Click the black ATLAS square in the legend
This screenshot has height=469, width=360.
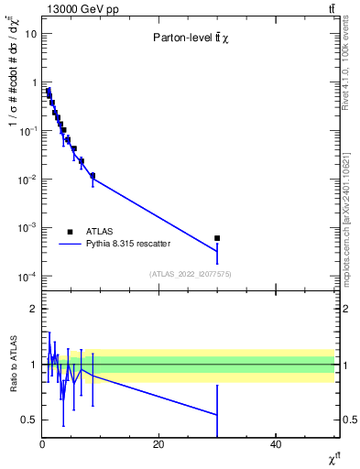pos(70,232)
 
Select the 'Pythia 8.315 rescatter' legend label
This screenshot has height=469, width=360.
pos(128,244)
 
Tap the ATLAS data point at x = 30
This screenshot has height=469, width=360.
pos(217,238)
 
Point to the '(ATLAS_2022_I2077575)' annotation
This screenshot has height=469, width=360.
pos(189,274)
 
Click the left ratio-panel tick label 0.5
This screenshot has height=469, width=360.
pos(29,420)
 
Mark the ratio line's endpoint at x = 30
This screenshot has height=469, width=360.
pos(217,415)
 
